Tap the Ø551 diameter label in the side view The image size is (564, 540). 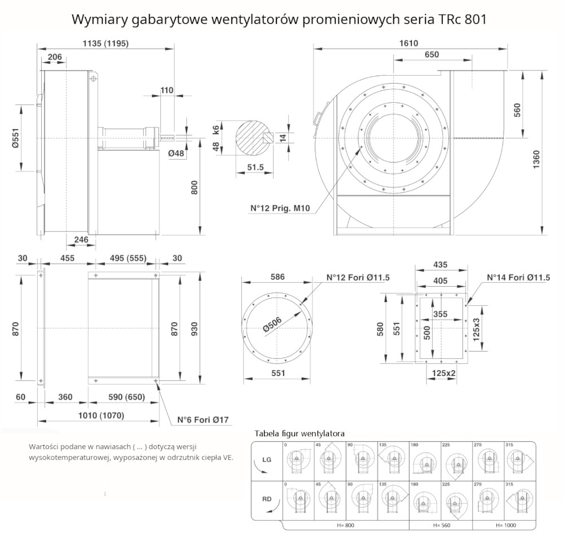click(x=16, y=137)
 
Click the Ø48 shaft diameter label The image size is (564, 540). click(x=177, y=153)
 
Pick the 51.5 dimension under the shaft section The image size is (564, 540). click(x=255, y=167)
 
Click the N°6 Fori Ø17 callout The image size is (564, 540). click(x=203, y=420)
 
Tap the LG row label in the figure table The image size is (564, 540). click(x=267, y=460)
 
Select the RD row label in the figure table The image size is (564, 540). click(x=267, y=499)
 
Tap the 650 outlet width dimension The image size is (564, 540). click(x=431, y=54)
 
